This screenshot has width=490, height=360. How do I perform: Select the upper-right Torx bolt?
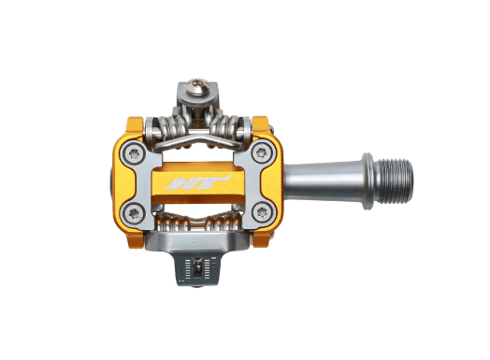pos(259,152)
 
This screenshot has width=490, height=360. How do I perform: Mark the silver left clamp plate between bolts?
pos(136,180)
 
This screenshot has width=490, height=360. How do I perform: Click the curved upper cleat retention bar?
pos(198,141)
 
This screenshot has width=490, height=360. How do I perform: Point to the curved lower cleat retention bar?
pos(198,217)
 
